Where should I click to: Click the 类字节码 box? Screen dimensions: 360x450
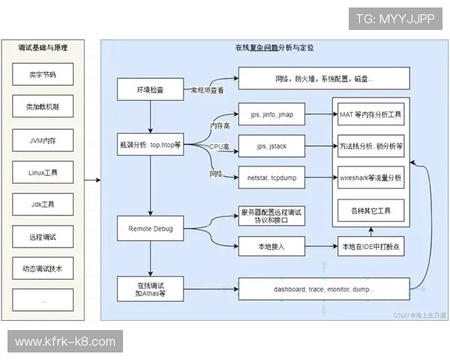(x=43, y=75)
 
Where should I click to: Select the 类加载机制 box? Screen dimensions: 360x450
(x=43, y=107)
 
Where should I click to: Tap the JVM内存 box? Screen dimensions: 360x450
(x=43, y=139)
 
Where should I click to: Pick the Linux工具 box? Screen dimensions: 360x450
(x=43, y=172)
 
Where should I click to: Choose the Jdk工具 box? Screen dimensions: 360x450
(x=43, y=205)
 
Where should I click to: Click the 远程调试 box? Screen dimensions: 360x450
(x=43, y=237)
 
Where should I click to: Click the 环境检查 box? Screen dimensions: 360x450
(x=150, y=89)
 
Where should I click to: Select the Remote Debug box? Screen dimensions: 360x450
(x=150, y=227)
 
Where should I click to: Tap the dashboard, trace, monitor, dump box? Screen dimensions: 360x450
(x=323, y=289)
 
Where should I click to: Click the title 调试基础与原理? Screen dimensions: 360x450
(x=43, y=46)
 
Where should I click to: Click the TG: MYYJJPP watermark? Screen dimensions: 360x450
(x=394, y=19)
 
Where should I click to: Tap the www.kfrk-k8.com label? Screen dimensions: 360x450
(x=65, y=342)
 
